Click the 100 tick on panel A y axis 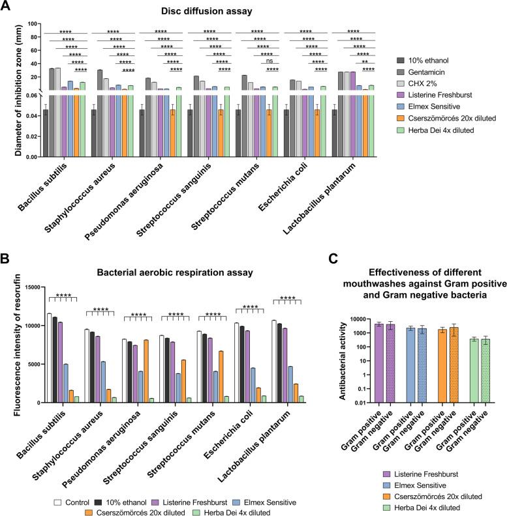[31, 25]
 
